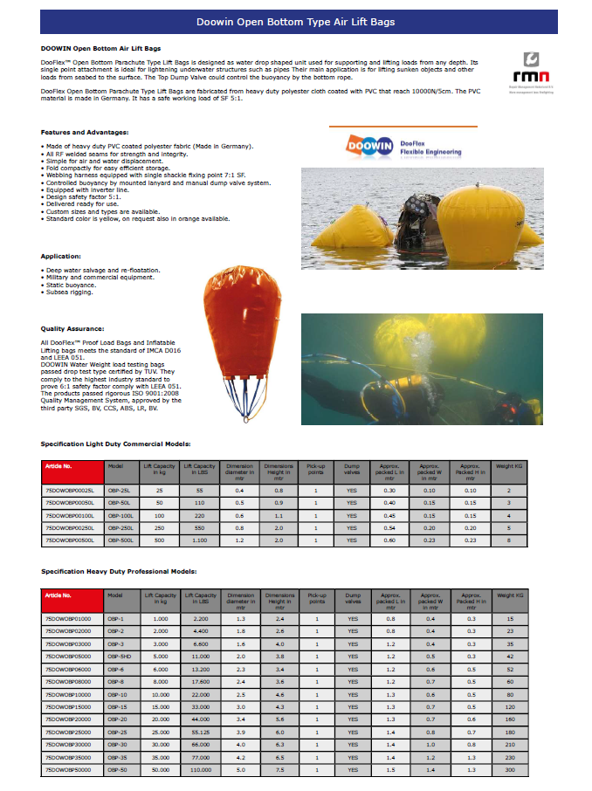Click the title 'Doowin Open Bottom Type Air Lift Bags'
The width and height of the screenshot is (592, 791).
coord(296,21)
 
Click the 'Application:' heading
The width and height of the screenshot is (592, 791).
coord(60,256)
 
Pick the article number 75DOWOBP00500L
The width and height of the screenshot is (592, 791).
coord(72,540)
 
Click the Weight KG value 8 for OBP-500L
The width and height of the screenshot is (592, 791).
coord(509,540)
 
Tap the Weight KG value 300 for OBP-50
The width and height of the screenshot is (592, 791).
coord(509,770)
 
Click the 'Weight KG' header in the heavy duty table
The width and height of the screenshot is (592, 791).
coord(509,595)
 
